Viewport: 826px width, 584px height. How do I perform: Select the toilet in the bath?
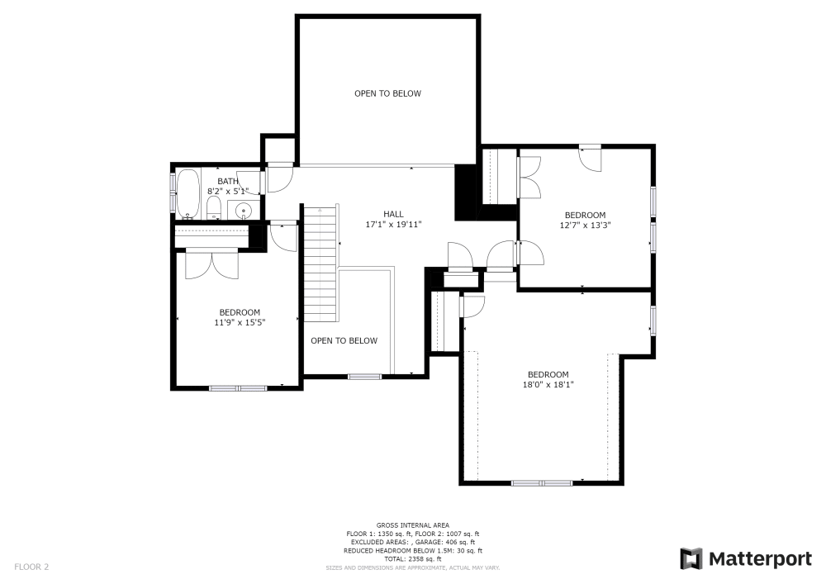coord(213,207)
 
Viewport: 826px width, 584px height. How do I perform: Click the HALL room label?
coord(393,214)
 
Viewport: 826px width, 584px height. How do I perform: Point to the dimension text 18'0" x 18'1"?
coord(548,384)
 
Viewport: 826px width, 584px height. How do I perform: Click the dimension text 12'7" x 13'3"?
coord(585,225)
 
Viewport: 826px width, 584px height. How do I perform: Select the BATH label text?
coord(228,181)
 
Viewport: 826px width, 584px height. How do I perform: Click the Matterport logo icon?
coord(691,559)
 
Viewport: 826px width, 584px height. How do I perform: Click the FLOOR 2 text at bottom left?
coord(31,567)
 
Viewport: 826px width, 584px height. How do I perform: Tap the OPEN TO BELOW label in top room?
coord(387,93)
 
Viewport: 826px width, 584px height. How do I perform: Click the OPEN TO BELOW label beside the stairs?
coord(344,340)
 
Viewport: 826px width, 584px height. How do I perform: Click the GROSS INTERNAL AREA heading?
coord(412,525)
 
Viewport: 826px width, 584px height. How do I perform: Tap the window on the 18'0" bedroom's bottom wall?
coord(541,482)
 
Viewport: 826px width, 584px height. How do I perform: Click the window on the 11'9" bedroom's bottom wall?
coord(238,387)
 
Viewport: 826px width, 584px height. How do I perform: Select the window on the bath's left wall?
coord(173,192)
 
